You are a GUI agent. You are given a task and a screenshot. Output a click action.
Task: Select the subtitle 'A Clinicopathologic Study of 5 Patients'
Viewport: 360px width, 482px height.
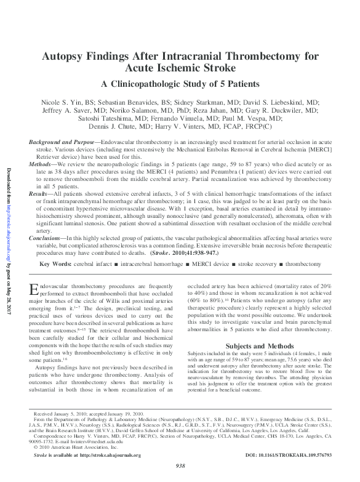(180, 84)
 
